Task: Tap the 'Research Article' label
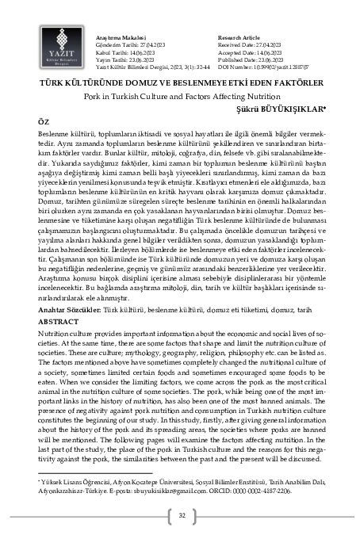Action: point(239,37)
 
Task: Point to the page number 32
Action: point(182,517)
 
